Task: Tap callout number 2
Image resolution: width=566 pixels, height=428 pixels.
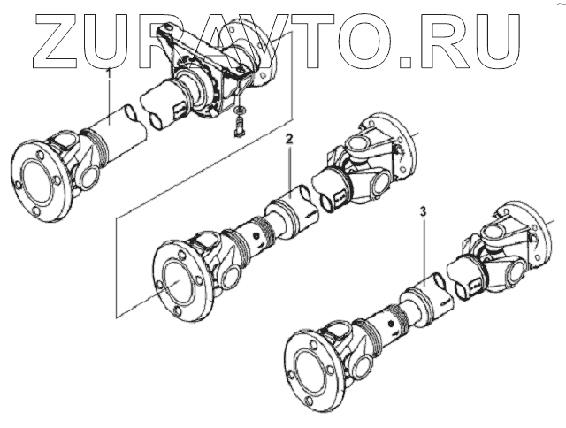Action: [288, 140]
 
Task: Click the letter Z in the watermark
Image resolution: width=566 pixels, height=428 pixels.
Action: [60, 40]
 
